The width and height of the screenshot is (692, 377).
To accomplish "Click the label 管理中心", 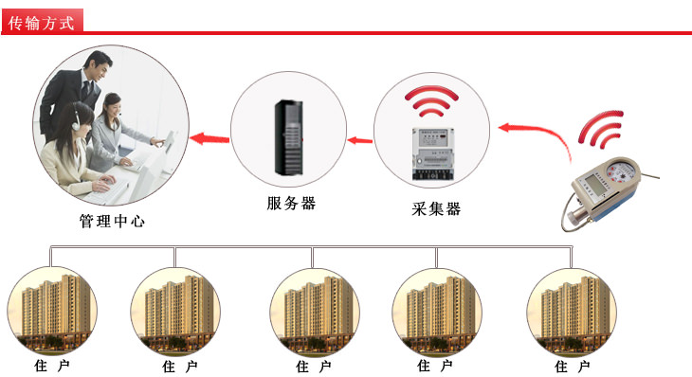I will tap(113, 224).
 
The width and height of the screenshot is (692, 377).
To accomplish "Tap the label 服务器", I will tap(290, 204).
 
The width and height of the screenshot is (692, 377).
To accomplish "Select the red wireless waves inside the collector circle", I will tap(433, 103).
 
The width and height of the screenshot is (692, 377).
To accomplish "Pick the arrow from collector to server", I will tap(358, 141).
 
